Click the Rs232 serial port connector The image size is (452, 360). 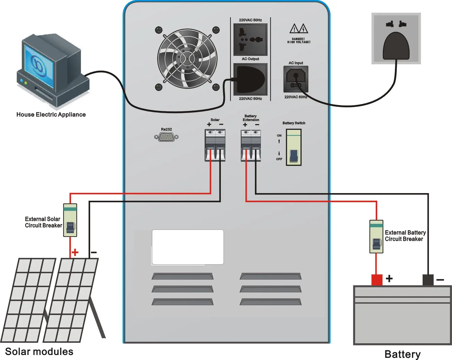pyautogui.click(x=166, y=137)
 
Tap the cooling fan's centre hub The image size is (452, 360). pyautogui.click(x=187, y=59)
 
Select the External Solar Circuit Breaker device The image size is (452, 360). pyautogui.click(x=70, y=220)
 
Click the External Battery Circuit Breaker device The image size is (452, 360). pyautogui.click(x=376, y=237)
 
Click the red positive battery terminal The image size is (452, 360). pyautogui.click(x=377, y=280)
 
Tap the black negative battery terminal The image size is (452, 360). pyautogui.click(x=428, y=280)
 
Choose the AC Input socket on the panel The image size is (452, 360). pyautogui.click(x=296, y=79)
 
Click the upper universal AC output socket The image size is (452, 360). pyautogui.click(x=250, y=39)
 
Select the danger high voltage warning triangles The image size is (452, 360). pyautogui.click(x=299, y=28)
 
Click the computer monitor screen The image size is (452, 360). pyautogui.click(x=39, y=66)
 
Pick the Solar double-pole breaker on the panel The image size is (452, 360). pyautogui.click(x=215, y=145)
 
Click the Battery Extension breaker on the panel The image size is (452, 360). pyautogui.click(x=251, y=145)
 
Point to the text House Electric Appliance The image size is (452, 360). pyautogui.click(x=51, y=115)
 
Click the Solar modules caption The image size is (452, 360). pyautogui.click(x=39, y=352)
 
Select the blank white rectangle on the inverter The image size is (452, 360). pyautogui.click(x=188, y=247)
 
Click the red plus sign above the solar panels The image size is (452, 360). pyautogui.click(x=75, y=252)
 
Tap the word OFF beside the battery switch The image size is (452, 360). pyautogui.click(x=279, y=159)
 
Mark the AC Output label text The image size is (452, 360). pyautogui.click(x=250, y=59)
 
